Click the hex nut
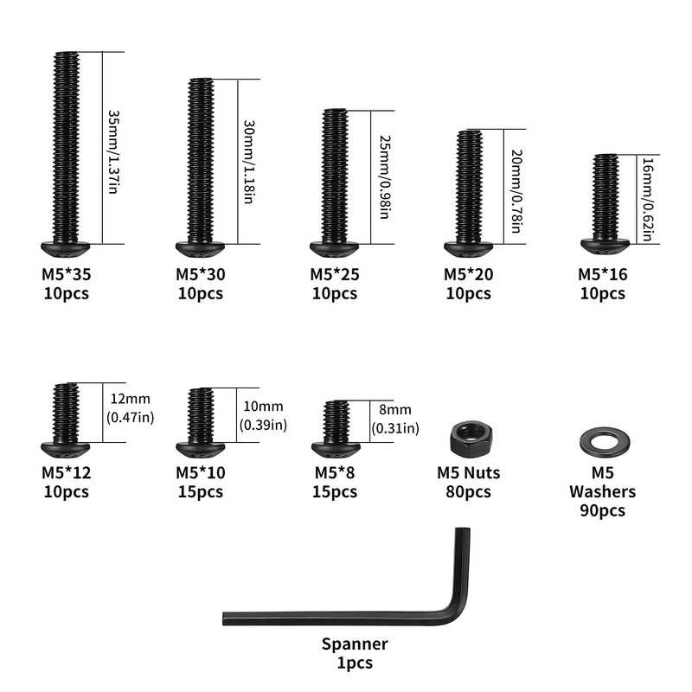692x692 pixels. pos(471,439)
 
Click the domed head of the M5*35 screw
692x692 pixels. pos(66,249)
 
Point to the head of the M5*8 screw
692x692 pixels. pos(336,450)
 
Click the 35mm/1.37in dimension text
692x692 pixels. pos(113,152)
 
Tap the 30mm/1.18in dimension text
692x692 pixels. pos(249,162)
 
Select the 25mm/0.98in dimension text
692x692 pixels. pos(384,177)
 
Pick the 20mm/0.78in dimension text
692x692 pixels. pos(516,191)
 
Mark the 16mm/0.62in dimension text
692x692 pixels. pos(647,200)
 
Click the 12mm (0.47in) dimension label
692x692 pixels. pos(131,407)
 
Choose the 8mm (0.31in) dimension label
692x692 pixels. pos(395,419)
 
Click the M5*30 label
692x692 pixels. pos(201,274)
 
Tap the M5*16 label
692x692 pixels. pos(602,274)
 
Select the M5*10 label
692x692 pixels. pos(201,472)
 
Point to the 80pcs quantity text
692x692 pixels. pos(468,491)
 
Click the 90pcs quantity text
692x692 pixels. pos(602,510)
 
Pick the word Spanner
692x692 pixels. pos(355,644)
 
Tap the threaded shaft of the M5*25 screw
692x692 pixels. pos(335,176)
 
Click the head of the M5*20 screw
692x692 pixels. pos(468,249)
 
